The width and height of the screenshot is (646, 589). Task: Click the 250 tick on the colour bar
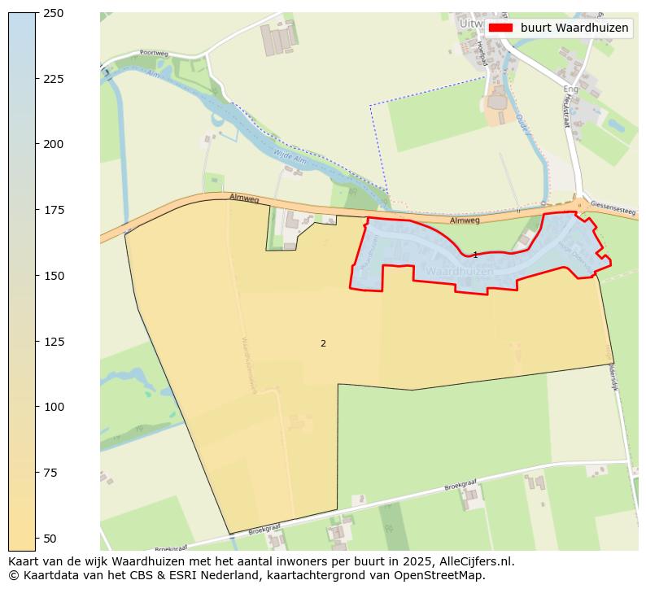coord(37,13)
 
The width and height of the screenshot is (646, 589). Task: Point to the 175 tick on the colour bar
coord(37,210)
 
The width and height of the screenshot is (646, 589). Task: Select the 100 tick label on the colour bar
coord(54,407)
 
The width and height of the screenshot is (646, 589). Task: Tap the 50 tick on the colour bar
coord(37,538)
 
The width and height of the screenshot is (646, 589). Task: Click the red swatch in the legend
coord(500,28)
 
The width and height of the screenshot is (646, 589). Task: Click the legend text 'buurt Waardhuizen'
coord(574,28)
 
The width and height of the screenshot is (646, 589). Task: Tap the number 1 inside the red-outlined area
coord(475,255)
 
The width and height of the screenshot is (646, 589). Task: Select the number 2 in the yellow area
coord(323,343)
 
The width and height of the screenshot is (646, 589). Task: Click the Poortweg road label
coord(153,53)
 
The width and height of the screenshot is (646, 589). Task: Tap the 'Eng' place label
coord(570,89)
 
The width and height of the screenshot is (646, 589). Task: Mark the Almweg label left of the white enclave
coord(243,198)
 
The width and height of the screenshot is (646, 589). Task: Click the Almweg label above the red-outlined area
coord(465,220)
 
